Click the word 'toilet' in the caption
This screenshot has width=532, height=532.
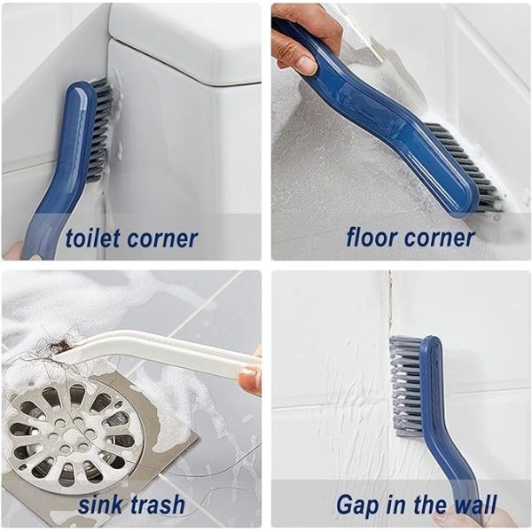pyautogui.click(x=97, y=238)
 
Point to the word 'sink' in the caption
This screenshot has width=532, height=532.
pyautogui.click(x=100, y=505)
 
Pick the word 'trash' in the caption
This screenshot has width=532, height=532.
pyautogui.click(x=157, y=505)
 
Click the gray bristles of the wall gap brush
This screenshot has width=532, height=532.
pyautogui.click(x=406, y=381)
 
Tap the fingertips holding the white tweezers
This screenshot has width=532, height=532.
pyautogui.click(x=251, y=379)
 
